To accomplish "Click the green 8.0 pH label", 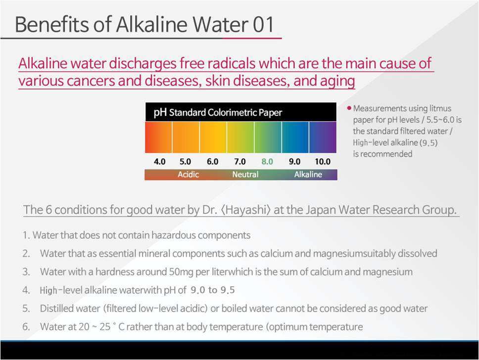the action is point(267,162).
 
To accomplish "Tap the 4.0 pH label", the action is point(159,162).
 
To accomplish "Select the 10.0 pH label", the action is point(323,162).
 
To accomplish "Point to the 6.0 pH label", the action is point(213,162).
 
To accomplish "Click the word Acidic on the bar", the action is point(188,175).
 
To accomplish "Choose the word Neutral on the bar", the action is point(245,175).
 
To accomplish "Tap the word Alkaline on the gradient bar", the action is point(308,175).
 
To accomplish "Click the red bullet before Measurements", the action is point(349,108).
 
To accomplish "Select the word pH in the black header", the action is point(160,112).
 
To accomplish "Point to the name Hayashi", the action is point(245,210).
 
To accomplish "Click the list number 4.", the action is point(26,290).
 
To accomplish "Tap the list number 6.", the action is point(26,327).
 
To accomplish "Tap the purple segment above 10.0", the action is point(323,137).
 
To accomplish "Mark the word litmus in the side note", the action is point(440,108).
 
